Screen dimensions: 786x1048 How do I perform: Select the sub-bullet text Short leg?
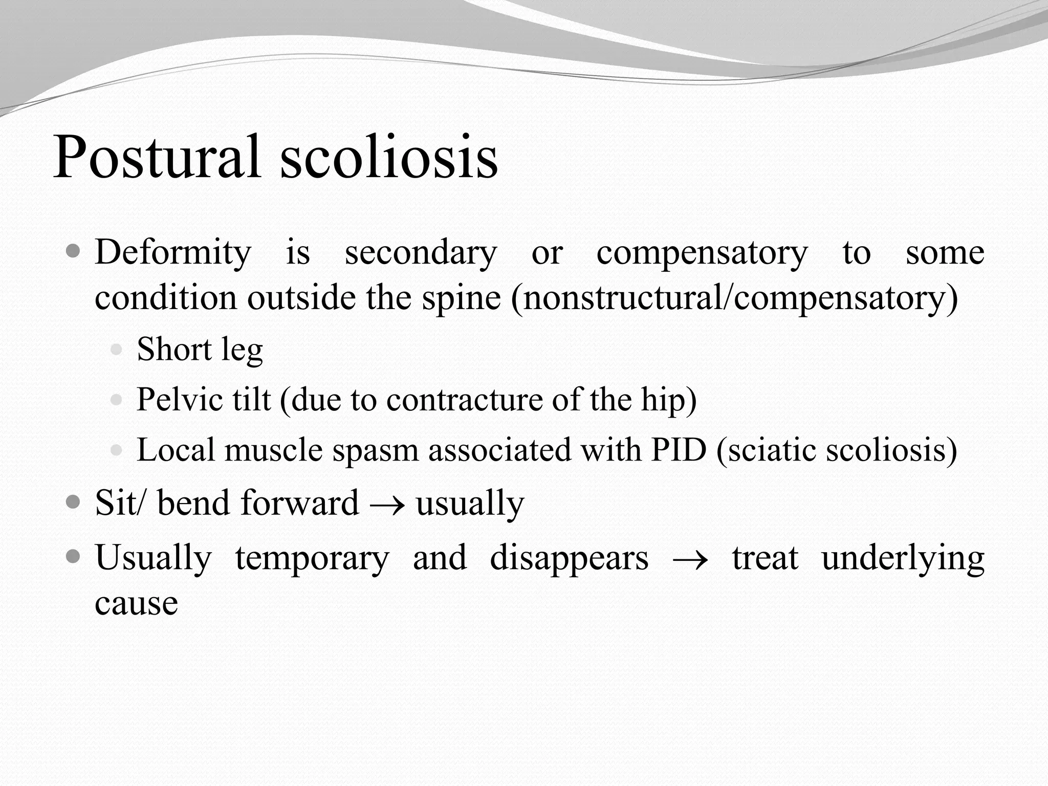click(x=200, y=350)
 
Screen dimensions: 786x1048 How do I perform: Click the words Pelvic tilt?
click(x=203, y=400)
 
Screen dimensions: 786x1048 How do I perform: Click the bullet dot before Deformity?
click(x=74, y=251)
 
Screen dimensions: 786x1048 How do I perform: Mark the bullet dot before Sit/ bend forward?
click(x=74, y=502)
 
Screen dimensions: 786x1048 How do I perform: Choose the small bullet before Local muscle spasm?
click(x=117, y=450)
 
